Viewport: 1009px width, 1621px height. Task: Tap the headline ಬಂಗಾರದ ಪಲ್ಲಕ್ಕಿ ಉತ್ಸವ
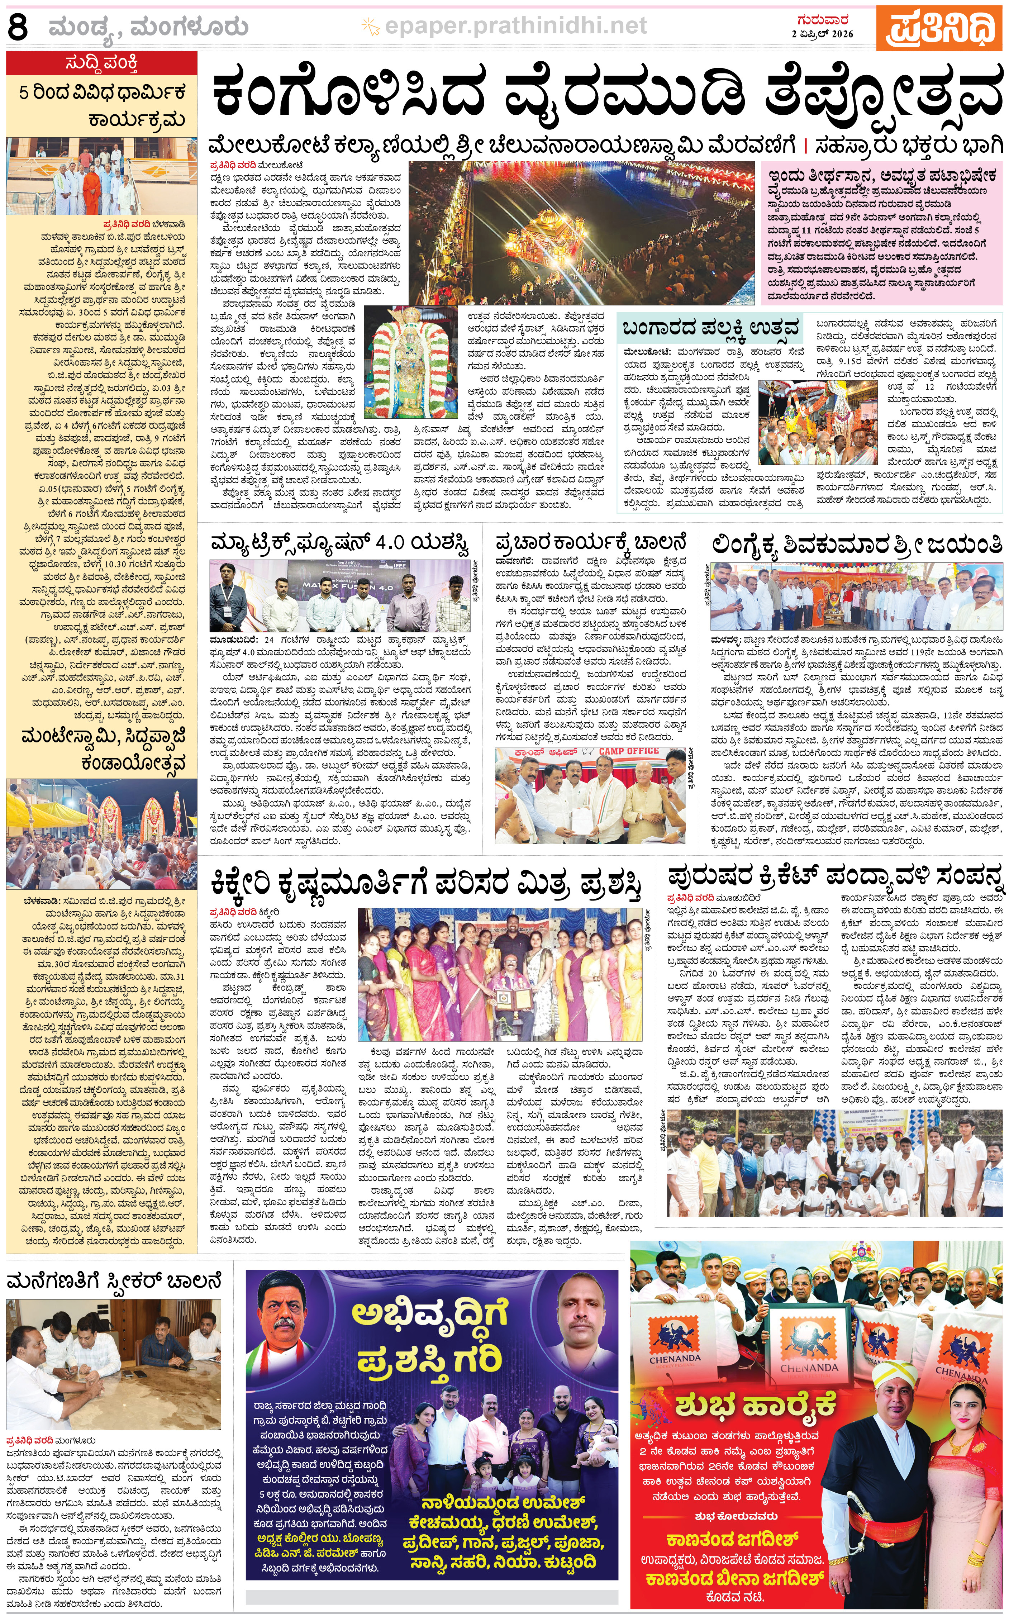click(711, 329)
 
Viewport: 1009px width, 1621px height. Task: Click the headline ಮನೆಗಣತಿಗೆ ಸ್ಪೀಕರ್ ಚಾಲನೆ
click(114, 1281)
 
